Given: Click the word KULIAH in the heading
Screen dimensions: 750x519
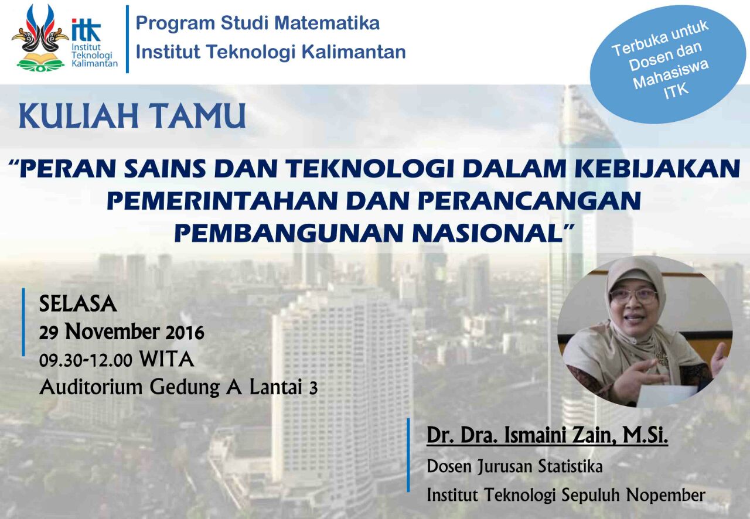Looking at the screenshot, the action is click(79, 115).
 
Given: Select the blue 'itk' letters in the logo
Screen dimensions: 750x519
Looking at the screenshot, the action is click(86, 29).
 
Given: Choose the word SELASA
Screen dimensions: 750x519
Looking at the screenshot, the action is click(78, 304).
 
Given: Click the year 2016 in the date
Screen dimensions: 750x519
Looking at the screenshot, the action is click(185, 333).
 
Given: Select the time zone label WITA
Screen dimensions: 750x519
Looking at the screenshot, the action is click(167, 359).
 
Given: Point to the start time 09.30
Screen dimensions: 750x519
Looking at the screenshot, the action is click(60, 360).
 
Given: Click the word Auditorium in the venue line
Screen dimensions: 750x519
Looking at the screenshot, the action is click(91, 387).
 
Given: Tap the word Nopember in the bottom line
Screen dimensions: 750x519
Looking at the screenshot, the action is click(666, 495).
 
